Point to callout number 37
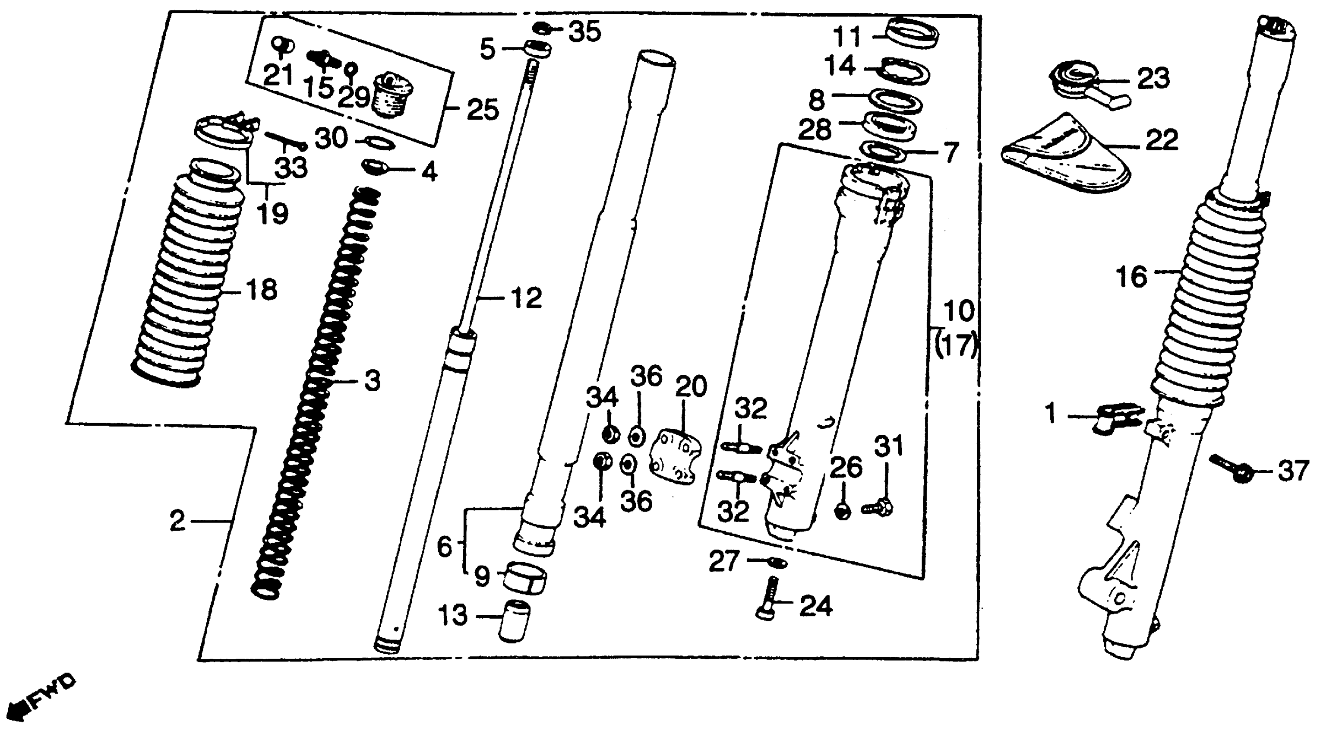[1293, 471]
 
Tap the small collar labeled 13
[514, 622]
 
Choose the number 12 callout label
[526, 298]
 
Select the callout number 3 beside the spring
[373, 381]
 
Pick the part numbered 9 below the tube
[525, 577]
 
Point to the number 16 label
[1131, 277]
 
